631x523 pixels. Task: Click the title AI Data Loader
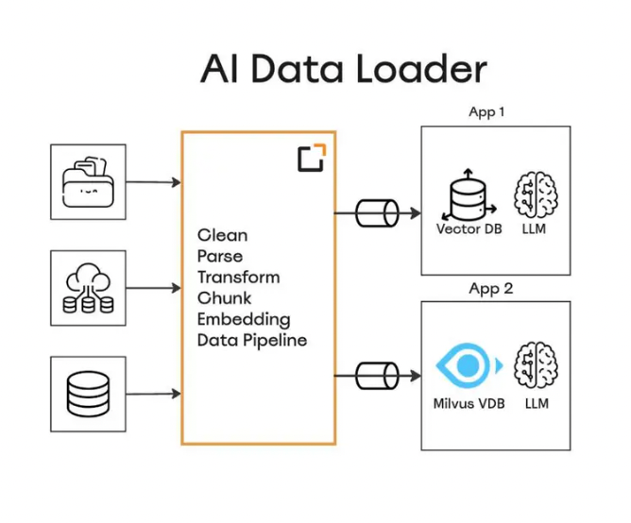point(343,69)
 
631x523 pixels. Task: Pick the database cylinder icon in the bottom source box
point(88,394)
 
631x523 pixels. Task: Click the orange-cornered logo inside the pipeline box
point(311,158)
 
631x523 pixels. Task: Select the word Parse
point(220,256)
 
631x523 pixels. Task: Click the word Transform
point(238,277)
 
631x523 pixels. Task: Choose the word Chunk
point(223,298)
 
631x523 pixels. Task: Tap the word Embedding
point(244,319)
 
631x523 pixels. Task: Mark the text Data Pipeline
point(252,340)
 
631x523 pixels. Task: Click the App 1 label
point(486,112)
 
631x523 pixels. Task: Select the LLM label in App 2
point(536,404)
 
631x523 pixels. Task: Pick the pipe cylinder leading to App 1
point(376,213)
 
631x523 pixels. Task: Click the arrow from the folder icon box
point(153,181)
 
